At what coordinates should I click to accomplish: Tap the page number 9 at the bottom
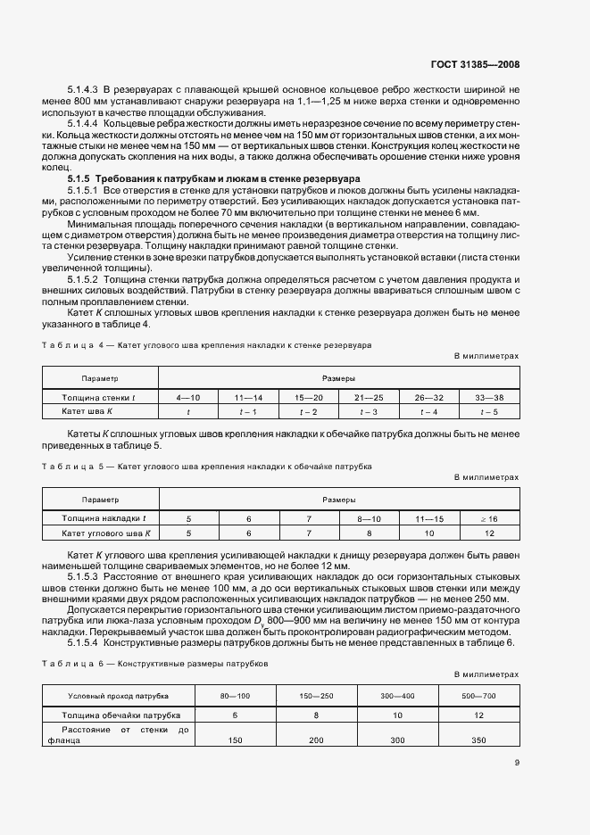pos(517,762)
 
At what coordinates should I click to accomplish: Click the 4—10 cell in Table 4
pos(188,396)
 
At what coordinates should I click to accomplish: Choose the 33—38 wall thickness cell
pos(489,396)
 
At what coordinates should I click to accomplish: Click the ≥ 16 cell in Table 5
pos(489,518)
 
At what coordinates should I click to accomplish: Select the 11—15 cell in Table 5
pos(429,518)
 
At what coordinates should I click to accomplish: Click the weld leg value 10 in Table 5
pos(429,533)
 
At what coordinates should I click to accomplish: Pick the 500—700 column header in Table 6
pos(478,694)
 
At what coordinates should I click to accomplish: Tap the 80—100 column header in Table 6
pos(236,694)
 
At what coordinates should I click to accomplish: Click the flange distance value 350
pos(478,740)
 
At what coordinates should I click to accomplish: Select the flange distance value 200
pos(317,740)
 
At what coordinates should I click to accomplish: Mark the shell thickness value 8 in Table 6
pos(317,715)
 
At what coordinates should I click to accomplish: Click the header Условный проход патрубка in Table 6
pos(119,694)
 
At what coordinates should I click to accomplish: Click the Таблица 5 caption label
pos(74,467)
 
